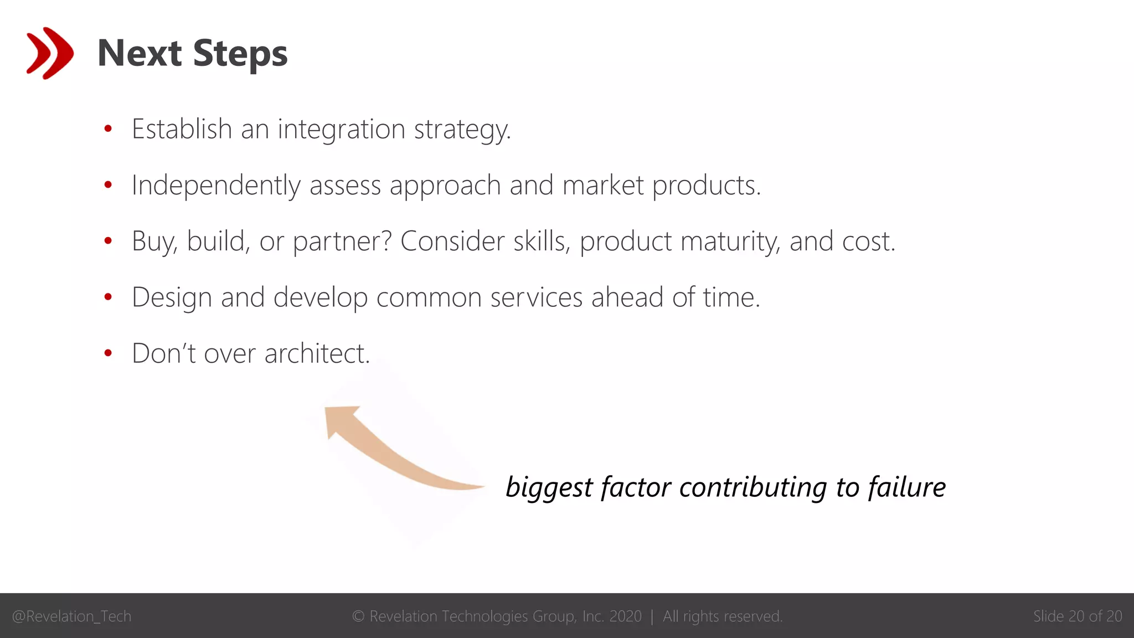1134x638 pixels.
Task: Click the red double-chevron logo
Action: [x=50, y=53]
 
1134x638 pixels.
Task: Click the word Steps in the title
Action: [x=240, y=54]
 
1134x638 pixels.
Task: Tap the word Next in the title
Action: [x=140, y=54]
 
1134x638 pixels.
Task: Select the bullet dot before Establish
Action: [x=108, y=129]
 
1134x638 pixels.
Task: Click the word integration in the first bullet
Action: [x=342, y=130]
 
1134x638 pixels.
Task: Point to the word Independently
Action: [x=215, y=186]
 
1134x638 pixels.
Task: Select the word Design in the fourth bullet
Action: [x=172, y=298]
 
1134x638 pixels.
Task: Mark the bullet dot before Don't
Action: [x=108, y=353]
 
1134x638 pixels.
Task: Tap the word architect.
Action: [x=317, y=353]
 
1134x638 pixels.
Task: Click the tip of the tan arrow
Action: [x=327, y=410]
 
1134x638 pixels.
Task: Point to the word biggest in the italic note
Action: [x=549, y=488]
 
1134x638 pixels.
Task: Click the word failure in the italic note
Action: [x=906, y=487]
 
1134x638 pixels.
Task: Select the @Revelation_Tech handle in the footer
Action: [x=71, y=616]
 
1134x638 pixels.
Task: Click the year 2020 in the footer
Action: [x=625, y=616]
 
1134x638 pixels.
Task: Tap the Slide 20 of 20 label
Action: [x=1077, y=616]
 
